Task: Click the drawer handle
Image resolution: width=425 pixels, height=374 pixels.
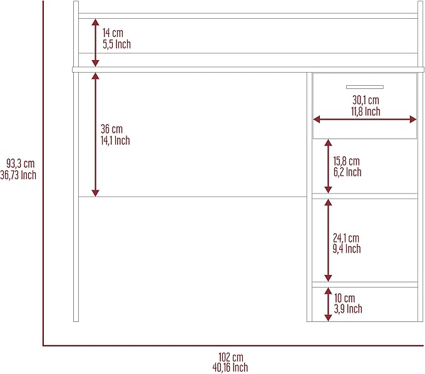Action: (364, 87)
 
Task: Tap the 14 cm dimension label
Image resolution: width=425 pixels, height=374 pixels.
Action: (113, 33)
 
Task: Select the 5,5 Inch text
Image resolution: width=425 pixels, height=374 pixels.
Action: (116, 44)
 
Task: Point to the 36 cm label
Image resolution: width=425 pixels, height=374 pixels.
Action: (111, 129)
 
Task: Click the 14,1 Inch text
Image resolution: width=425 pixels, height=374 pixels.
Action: (115, 140)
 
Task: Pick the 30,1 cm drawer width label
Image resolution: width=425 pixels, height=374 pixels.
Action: (366, 100)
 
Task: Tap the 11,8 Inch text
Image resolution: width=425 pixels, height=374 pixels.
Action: (366, 112)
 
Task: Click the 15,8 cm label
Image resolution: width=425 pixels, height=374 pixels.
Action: (346, 161)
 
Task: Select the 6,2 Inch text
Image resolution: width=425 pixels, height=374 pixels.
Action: (347, 172)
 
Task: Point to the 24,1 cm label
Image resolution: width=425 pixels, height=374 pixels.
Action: (346, 238)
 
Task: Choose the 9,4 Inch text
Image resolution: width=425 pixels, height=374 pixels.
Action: (347, 249)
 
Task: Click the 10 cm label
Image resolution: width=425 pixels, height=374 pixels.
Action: (344, 298)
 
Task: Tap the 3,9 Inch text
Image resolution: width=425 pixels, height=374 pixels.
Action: (348, 309)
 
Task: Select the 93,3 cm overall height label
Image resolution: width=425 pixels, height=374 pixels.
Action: (21, 164)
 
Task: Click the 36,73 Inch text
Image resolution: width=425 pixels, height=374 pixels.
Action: (18, 175)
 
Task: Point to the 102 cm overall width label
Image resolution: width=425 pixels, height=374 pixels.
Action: (231, 357)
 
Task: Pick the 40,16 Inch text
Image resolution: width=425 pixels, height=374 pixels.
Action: (230, 368)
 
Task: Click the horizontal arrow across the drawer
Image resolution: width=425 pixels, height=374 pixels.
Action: (365, 119)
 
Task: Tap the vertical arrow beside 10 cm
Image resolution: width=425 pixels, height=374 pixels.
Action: (328, 304)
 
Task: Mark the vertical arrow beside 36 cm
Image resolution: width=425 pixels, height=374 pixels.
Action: (95, 135)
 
